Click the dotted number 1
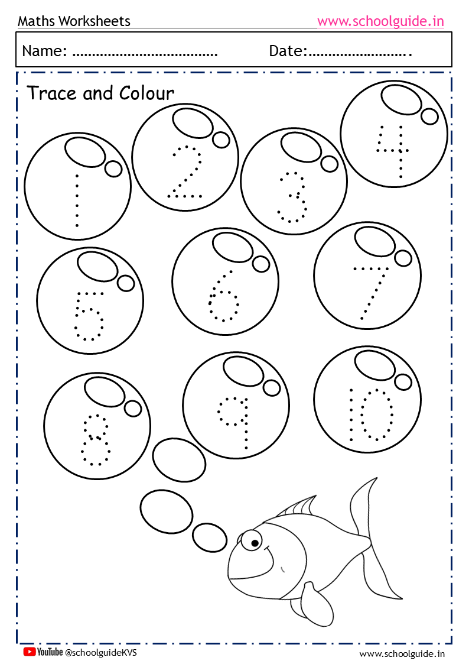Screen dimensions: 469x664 tap(77, 200)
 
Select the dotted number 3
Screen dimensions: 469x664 tap(292, 197)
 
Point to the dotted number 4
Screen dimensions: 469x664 tap(393, 151)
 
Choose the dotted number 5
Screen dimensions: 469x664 tap(89, 316)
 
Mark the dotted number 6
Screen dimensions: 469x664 tap(224, 296)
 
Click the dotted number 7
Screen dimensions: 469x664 tap(370, 293)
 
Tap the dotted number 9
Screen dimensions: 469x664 tap(233, 423)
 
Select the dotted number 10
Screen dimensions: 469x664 tap(372, 414)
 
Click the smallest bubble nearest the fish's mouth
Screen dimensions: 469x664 tap(209, 537)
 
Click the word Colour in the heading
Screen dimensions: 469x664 tap(146, 93)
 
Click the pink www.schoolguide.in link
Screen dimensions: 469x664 tap(380, 21)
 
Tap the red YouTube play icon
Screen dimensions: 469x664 tap(29, 652)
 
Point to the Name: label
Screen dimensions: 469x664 tap(44, 51)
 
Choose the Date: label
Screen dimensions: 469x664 tap(288, 51)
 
